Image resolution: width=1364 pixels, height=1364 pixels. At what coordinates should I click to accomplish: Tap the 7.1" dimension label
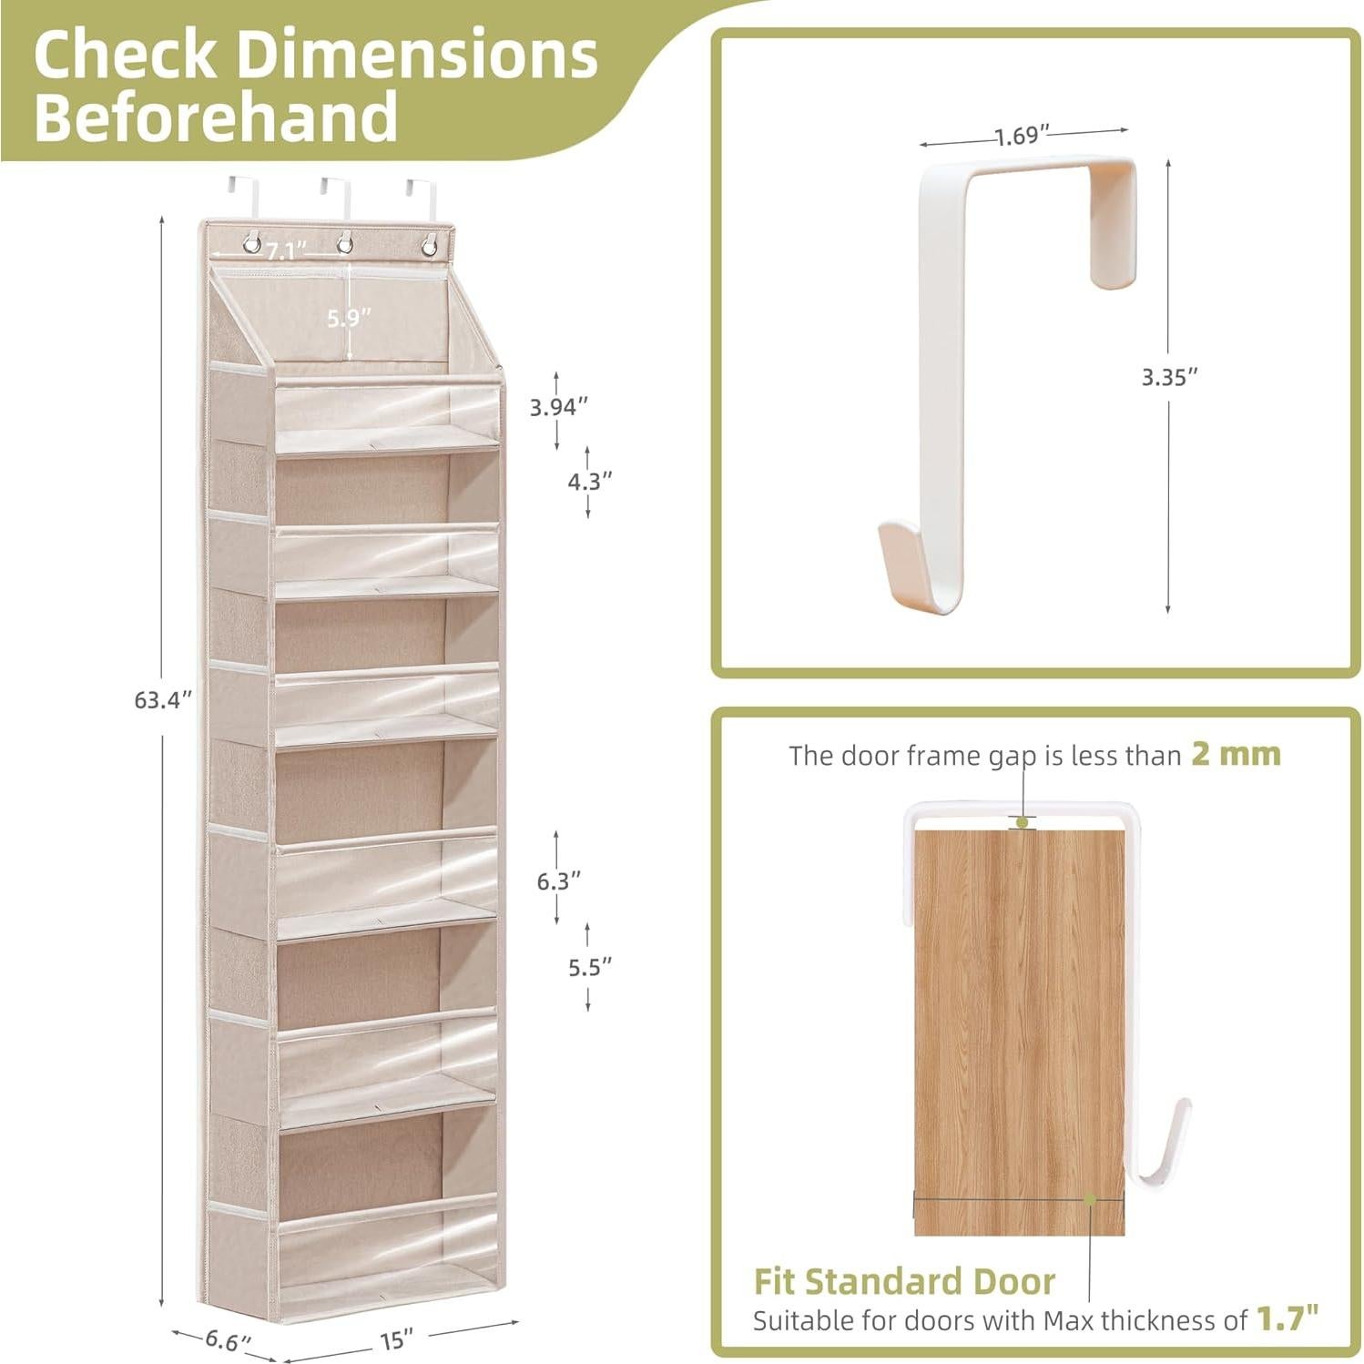tap(287, 250)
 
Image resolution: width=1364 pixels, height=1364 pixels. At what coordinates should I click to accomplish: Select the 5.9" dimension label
tap(350, 317)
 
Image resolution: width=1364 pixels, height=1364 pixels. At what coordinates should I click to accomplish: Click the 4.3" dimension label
tap(590, 481)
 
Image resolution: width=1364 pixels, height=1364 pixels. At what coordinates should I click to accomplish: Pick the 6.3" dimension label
tap(558, 880)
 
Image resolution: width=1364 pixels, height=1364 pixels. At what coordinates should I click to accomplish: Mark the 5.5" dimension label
tap(590, 967)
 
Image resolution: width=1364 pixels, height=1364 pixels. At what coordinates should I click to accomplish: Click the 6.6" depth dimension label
tap(227, 1339)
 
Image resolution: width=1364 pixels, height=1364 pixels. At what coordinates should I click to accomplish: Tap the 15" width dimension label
tap(397, 1340)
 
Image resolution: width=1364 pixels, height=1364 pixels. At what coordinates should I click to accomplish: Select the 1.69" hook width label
tap(1016, 137)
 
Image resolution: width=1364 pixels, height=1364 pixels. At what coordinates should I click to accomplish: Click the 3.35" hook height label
tap(1170, 377)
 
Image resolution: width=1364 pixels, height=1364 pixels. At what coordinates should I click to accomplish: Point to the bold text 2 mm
tap(1236, 754)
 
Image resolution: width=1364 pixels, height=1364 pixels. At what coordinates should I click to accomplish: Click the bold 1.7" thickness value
tap(1288, 1317)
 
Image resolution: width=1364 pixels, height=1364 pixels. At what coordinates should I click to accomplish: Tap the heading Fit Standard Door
tap(903, 1281)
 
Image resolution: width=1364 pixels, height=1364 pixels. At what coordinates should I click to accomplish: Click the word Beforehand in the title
tap(216, 117)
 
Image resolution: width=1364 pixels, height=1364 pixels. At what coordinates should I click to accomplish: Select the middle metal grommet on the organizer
tap(345, 244)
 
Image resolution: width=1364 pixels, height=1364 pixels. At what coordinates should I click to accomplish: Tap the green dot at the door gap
tap(1023, 822)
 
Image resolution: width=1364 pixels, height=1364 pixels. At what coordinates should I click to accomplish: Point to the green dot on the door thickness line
tap(1089, 1200)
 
